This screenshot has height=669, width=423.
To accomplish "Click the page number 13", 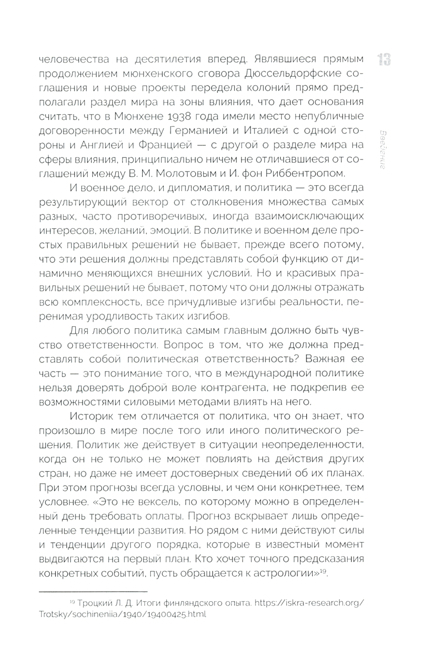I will (384, 59).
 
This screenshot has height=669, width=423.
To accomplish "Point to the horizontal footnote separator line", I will (93, 591).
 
